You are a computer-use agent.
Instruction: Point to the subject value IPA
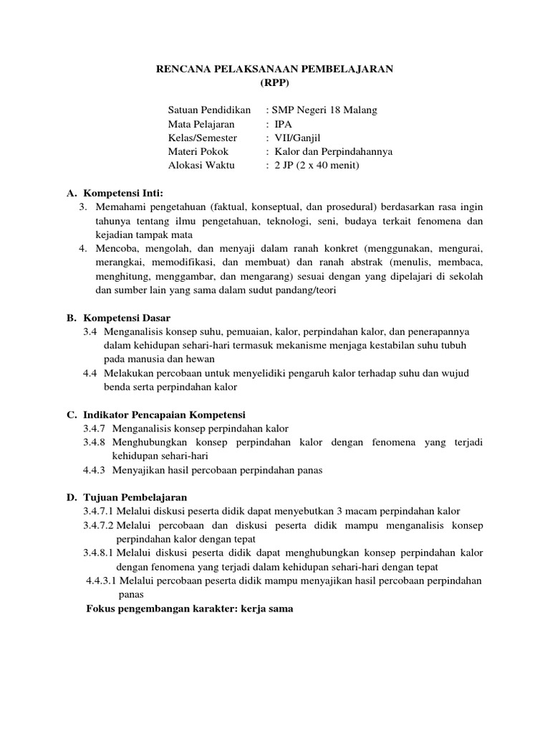[x=284, y=124]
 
